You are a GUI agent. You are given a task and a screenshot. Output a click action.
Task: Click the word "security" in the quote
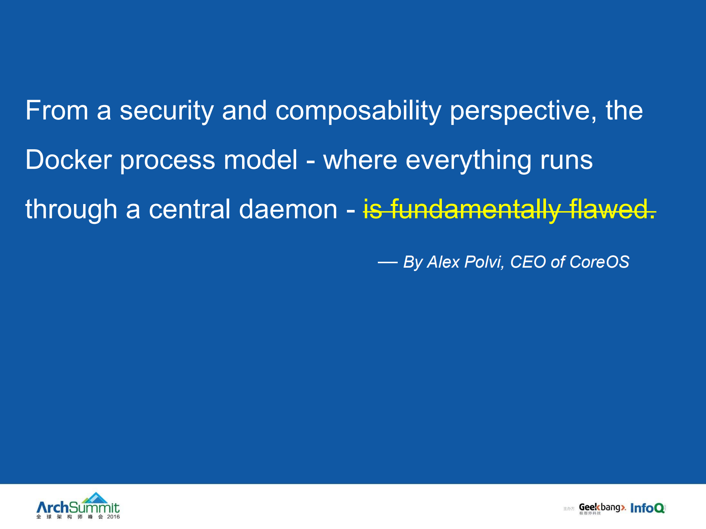[167, 111]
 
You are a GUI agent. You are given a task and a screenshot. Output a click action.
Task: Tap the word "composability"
[358, 111]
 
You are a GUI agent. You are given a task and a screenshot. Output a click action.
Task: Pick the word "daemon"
[288, 209]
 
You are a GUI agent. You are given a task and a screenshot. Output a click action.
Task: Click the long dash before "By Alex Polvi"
[387, 262]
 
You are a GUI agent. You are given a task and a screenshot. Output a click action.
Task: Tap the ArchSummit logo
[78, 506]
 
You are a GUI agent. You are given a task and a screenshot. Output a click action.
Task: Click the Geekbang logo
[602, 508]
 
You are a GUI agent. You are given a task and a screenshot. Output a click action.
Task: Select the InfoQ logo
[648, 508]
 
